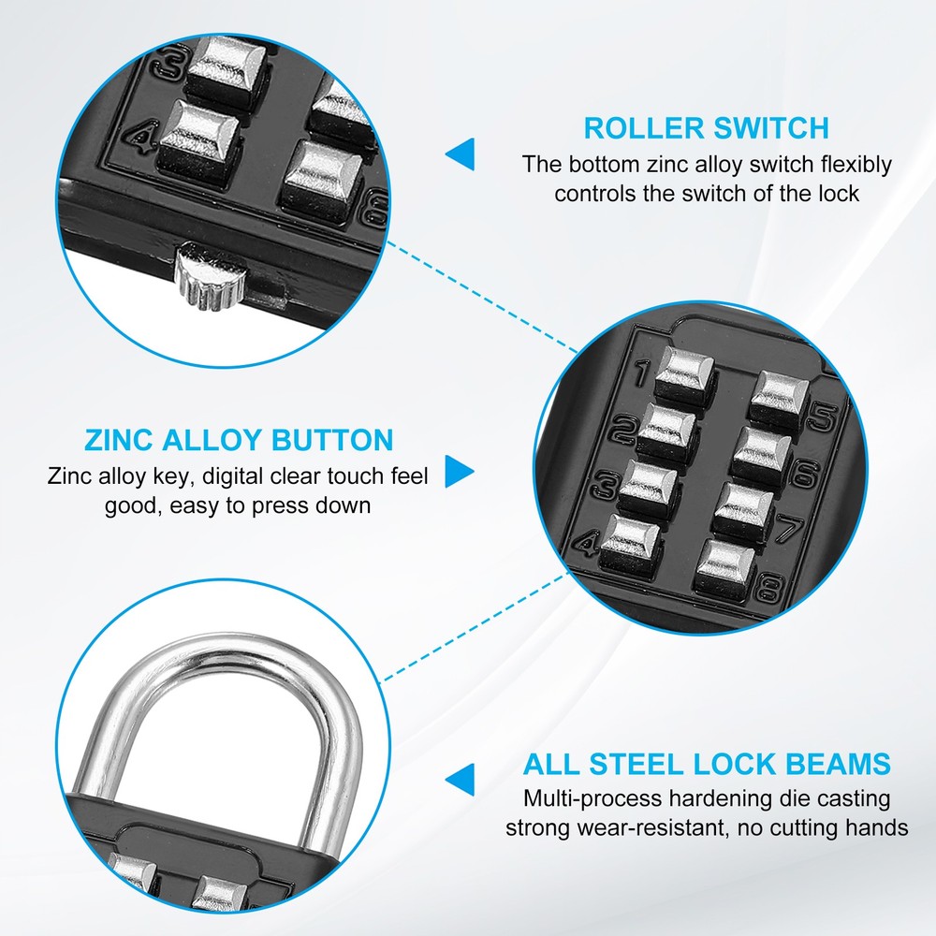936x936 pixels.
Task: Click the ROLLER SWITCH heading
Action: pos(707,127)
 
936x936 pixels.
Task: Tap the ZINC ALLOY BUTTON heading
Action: pos(239,440)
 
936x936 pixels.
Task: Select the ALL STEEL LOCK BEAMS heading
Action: pos(707,764)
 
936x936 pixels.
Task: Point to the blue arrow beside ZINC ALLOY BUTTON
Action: pos(459,472)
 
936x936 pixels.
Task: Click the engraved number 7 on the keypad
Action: pos(788,532)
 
